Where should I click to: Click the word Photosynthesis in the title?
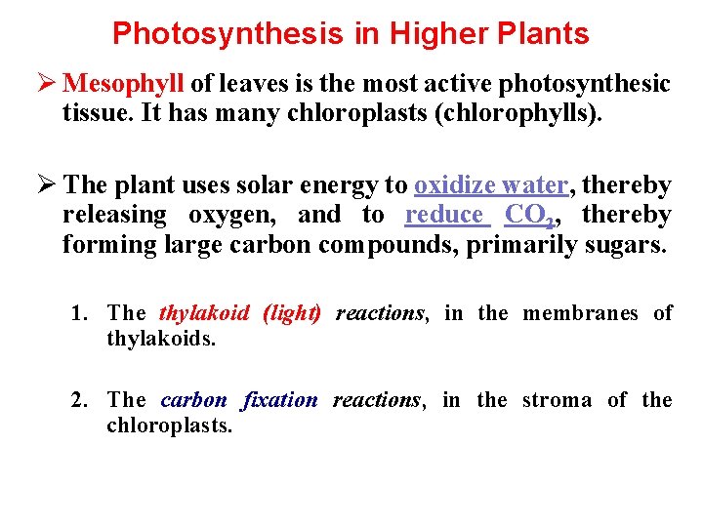click(x=227, y=34)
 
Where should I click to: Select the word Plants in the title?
click(x=541, y=34)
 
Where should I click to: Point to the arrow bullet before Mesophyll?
click(x=44, y=85)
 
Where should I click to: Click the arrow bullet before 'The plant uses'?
click(x=44, y=185)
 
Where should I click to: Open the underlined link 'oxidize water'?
click(x=491, y=185)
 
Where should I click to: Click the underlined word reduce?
click(x=444, y=215)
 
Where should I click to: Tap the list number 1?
click(x=78, y=313)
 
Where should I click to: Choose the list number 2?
click(x=78, y=400)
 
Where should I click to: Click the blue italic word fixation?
click(x=279, y=400)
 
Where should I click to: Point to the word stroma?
click(x=557, y=400)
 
